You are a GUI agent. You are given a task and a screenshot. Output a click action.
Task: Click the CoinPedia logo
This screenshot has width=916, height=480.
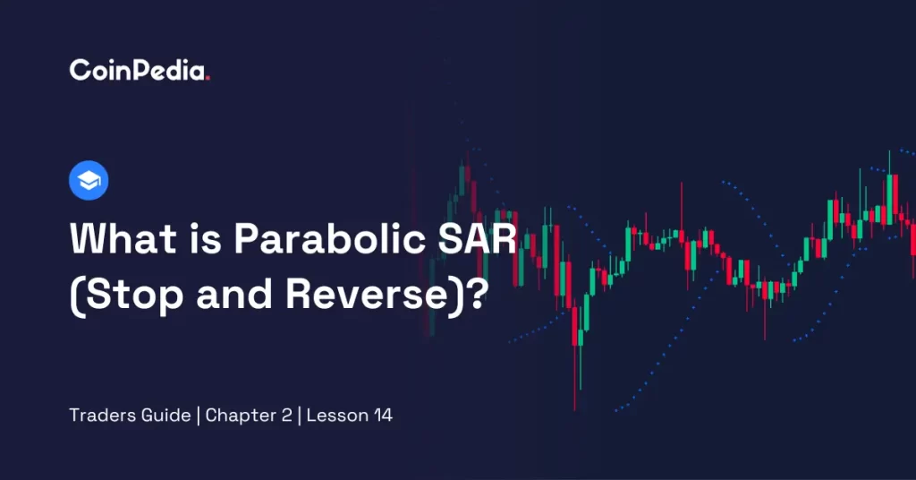tap(139, 70)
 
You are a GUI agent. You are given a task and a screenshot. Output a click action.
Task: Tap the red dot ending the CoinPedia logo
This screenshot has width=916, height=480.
tap(208, 78)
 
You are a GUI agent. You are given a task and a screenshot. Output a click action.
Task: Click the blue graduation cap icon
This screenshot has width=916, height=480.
tap(89, 180)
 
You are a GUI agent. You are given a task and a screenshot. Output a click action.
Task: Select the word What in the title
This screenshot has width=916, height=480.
tap(123, 238)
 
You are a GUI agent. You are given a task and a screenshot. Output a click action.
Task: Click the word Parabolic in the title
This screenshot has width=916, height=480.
tap(330, 238)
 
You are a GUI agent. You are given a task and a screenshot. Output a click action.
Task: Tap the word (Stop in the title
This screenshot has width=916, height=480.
tap(126, 295)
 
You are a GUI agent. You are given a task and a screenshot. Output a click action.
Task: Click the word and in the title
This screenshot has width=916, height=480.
tap(234, 295)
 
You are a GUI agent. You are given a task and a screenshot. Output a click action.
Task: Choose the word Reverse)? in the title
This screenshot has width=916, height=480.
tap(386, 295)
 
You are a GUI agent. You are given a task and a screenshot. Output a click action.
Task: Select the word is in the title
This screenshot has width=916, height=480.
tap(205, 238)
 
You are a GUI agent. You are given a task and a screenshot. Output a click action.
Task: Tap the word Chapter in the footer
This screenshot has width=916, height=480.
tap(241, 416)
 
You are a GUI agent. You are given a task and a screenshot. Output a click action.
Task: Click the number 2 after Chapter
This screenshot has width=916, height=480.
tap(287, 416)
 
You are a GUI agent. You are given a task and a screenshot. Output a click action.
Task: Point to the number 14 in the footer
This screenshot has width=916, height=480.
tap(383, 416)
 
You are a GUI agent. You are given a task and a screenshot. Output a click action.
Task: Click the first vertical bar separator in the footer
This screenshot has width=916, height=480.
tap(198, 416)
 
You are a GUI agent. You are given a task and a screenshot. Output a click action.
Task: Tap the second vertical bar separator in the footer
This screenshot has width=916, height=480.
tap(299, 416)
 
